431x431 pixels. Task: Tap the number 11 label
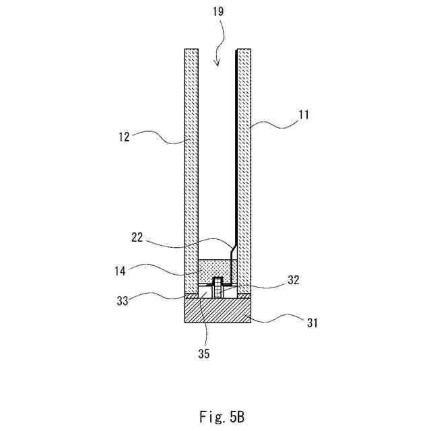tap(304, 114)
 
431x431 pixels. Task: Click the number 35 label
tap(204, 352)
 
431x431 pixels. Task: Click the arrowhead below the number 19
tap(216, 64)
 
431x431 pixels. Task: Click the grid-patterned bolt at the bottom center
tap(218, 288)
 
